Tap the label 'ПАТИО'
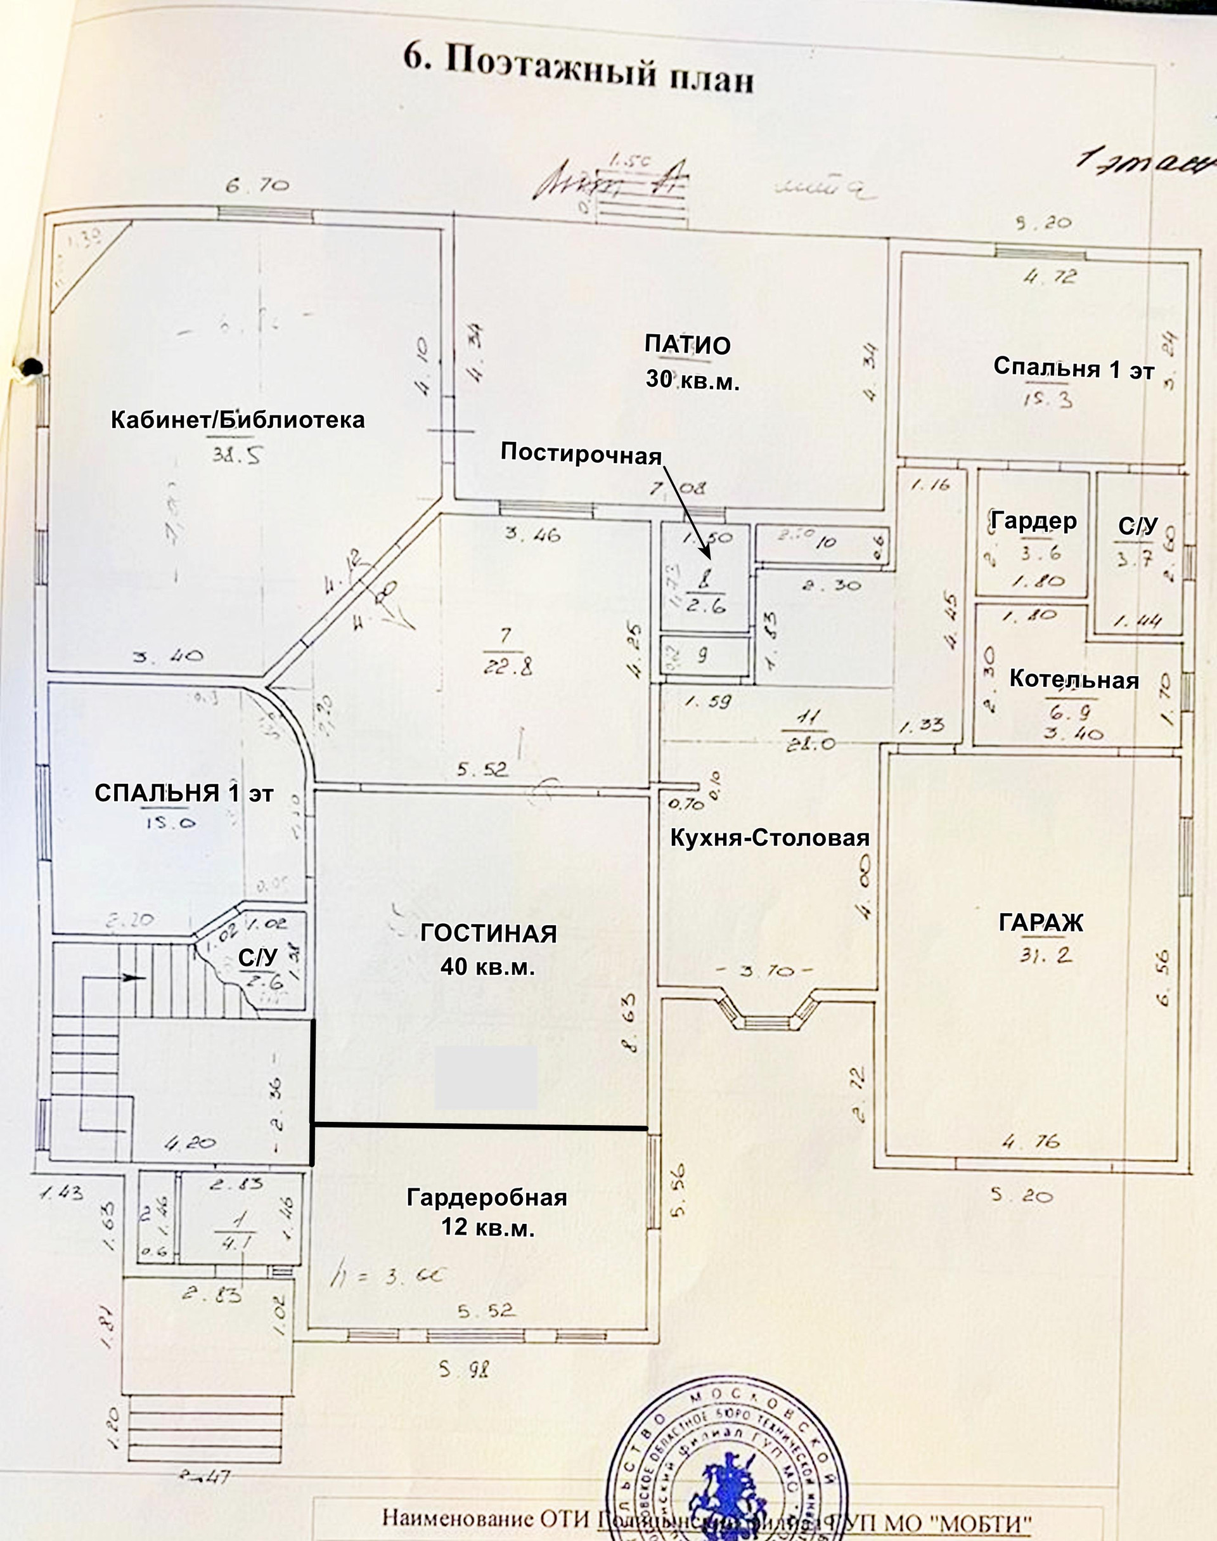tap(688, 345)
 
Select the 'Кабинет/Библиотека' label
tap(237, 419)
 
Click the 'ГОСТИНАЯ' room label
tap(488, 933)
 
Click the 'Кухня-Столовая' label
tap(769, 838)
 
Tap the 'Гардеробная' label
tap(487, 1197)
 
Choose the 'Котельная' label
tap(1074, 679)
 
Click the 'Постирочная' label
tap(581, 453)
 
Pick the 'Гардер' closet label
tap(1033, 522)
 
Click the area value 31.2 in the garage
tap(1045, 955)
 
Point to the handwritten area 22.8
tap(506, 667)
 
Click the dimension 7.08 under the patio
tap(677, 489)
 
